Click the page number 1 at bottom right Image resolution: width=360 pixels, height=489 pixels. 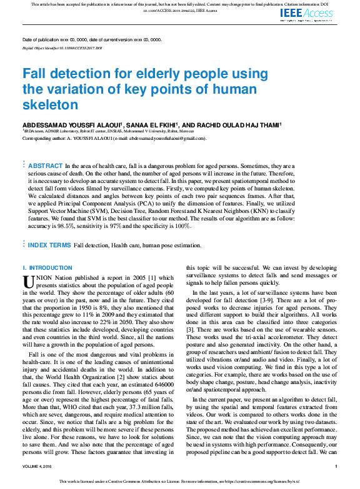pos(336,466)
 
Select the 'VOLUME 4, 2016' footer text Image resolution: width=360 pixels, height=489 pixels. pos(39,466)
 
